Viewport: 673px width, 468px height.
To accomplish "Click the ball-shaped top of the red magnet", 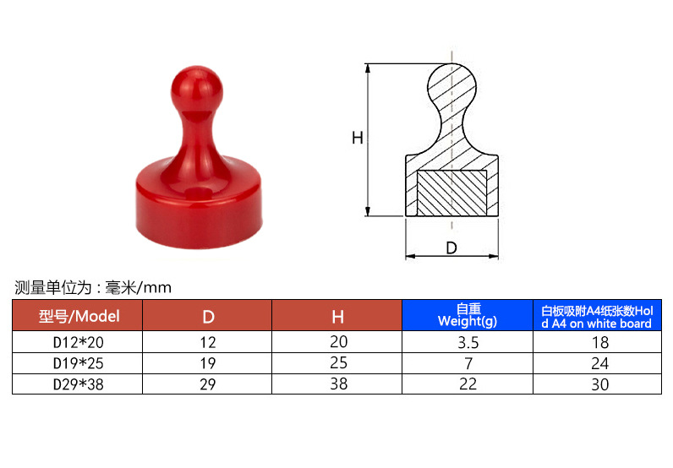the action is (x=197, y=90).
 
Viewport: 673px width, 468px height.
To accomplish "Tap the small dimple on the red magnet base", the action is (x=200, y=192).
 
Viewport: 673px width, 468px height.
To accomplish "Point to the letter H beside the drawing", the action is (x=357, y=139).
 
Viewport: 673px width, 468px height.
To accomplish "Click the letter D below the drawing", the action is (x=451, y=248).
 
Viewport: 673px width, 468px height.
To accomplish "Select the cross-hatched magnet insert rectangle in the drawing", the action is (x=452, y=193).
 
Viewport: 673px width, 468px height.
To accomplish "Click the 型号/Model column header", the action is (x=79, y=316).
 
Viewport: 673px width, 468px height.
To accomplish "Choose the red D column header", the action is (x=208, y=317).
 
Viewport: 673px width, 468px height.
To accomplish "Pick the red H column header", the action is (x=338, y=317).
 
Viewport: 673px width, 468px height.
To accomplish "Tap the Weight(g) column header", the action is (x=468, y=315).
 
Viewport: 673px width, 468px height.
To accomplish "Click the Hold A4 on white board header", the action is (x=597, y=317).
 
